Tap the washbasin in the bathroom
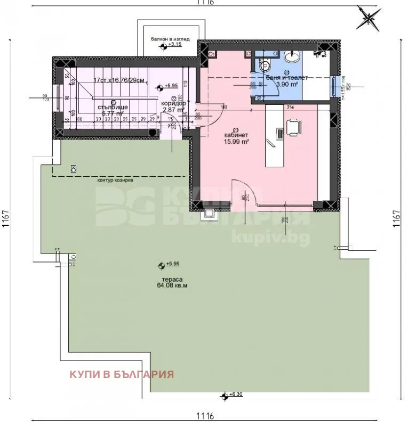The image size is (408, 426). (291, 56)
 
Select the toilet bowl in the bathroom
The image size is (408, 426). (267, 64)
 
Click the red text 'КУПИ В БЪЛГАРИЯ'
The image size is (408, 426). (122, 373)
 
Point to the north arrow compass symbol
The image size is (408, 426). (369, 17)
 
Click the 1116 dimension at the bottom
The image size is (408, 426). (204, 415)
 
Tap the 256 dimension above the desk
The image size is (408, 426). (290, 107)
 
